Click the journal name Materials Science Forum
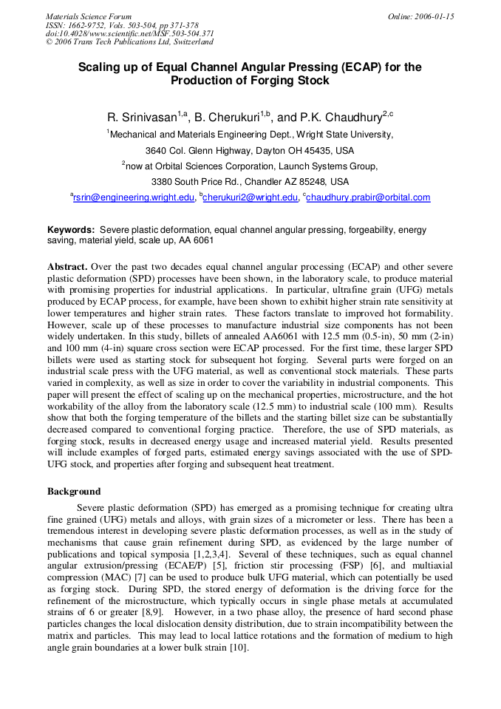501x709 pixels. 89,16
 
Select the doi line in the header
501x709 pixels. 129,34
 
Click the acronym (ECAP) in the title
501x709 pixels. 362,67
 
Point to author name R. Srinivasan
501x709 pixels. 142,118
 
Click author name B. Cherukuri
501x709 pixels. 227,118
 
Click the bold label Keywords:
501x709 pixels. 71,230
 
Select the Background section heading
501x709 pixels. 74,491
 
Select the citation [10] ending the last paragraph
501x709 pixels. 237,648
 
